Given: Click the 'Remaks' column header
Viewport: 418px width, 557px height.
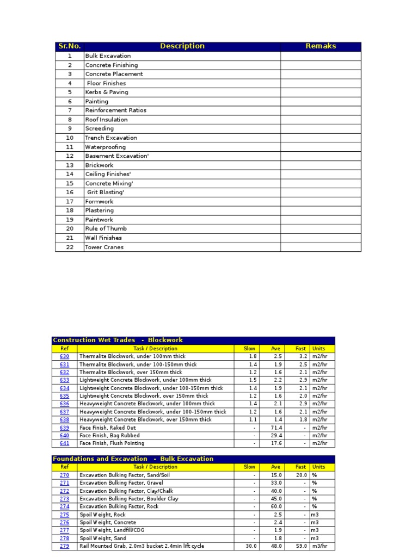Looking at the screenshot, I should [x=321, y=46].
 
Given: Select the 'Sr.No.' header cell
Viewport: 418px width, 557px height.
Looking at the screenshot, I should [x=69, y=46].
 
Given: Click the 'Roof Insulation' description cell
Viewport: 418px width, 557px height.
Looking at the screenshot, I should [x=107, y=120].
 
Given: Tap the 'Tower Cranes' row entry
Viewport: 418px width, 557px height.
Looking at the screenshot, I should [x=104, y=247].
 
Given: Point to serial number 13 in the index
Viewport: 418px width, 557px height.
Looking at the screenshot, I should [x=70, y=165].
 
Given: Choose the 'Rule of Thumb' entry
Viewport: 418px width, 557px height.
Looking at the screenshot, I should [x=106, y=229].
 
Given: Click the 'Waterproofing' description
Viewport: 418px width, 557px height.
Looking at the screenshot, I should [x=106, y=147].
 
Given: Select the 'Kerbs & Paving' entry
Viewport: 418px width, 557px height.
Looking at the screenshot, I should [x=107, y=92].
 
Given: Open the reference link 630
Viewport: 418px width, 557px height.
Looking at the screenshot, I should [x=64, y=356].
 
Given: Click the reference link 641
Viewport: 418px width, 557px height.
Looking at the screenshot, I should [x=64, y=443].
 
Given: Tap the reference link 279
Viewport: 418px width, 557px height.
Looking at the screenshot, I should [x=64, y=546].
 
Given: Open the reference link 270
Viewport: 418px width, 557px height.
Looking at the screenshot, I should [x=64, y=475].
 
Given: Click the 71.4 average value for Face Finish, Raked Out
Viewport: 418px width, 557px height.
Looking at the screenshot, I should [x=275, y=428].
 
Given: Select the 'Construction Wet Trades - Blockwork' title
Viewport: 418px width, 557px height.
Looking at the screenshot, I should [x=118, y=340].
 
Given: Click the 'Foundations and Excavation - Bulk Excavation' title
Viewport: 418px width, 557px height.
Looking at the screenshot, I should [x=133, y=459].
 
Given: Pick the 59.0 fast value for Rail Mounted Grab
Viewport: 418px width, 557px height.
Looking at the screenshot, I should [x=301, y=546].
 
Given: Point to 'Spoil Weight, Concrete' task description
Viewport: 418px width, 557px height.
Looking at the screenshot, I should [x=108, y=522].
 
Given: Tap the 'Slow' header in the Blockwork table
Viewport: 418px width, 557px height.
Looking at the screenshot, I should [x=249, y=348].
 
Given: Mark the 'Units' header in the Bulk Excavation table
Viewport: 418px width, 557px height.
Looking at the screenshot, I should [x=318, y=467].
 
